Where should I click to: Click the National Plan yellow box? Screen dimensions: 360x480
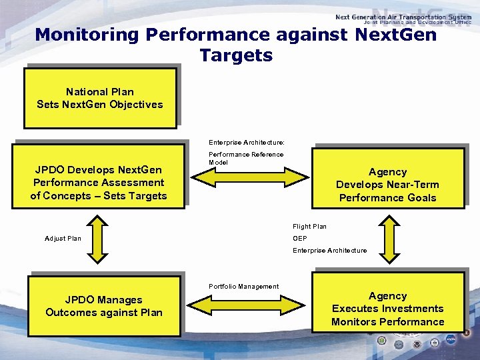point(100,98)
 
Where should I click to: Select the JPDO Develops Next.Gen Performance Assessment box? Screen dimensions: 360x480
point(99,183)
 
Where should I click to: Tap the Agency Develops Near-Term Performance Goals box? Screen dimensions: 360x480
point(387,185)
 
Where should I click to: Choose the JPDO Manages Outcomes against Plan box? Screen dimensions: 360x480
point(104,306)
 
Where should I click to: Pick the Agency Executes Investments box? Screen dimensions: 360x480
point(387,309)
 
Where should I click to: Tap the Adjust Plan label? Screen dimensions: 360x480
point(63,239)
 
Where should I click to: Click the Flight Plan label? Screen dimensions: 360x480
point(309,227)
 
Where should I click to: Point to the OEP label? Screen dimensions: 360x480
point(300,239)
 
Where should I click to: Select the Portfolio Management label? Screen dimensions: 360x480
point(243,287)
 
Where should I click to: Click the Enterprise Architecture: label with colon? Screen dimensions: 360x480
point(246,143)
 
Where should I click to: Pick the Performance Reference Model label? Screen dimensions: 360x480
point(246,158)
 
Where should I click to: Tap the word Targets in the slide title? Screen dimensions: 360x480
point(236,55)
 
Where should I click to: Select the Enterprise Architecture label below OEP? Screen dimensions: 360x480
point(329,251)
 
